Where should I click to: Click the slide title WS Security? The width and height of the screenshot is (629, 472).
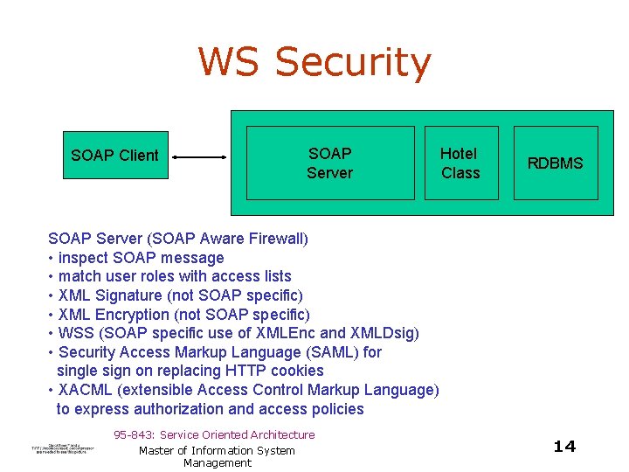(314, 63)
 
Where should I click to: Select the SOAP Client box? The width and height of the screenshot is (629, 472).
(114, 156)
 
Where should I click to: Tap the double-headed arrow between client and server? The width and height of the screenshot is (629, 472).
(199, 157)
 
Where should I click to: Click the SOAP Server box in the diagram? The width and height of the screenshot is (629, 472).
(329, 163)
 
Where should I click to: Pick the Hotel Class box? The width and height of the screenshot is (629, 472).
(460, 163)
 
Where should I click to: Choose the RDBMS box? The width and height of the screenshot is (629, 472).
(555, 163)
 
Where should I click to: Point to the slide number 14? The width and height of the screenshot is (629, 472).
(564, 447)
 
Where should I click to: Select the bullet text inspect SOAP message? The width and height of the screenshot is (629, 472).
(141, 258)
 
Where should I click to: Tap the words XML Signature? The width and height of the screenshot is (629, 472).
(110, 295)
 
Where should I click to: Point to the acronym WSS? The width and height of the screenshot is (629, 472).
(75, 333)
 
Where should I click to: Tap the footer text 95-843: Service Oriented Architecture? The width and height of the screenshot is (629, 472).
(214, 434)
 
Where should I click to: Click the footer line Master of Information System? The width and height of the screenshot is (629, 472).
(217, 450)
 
